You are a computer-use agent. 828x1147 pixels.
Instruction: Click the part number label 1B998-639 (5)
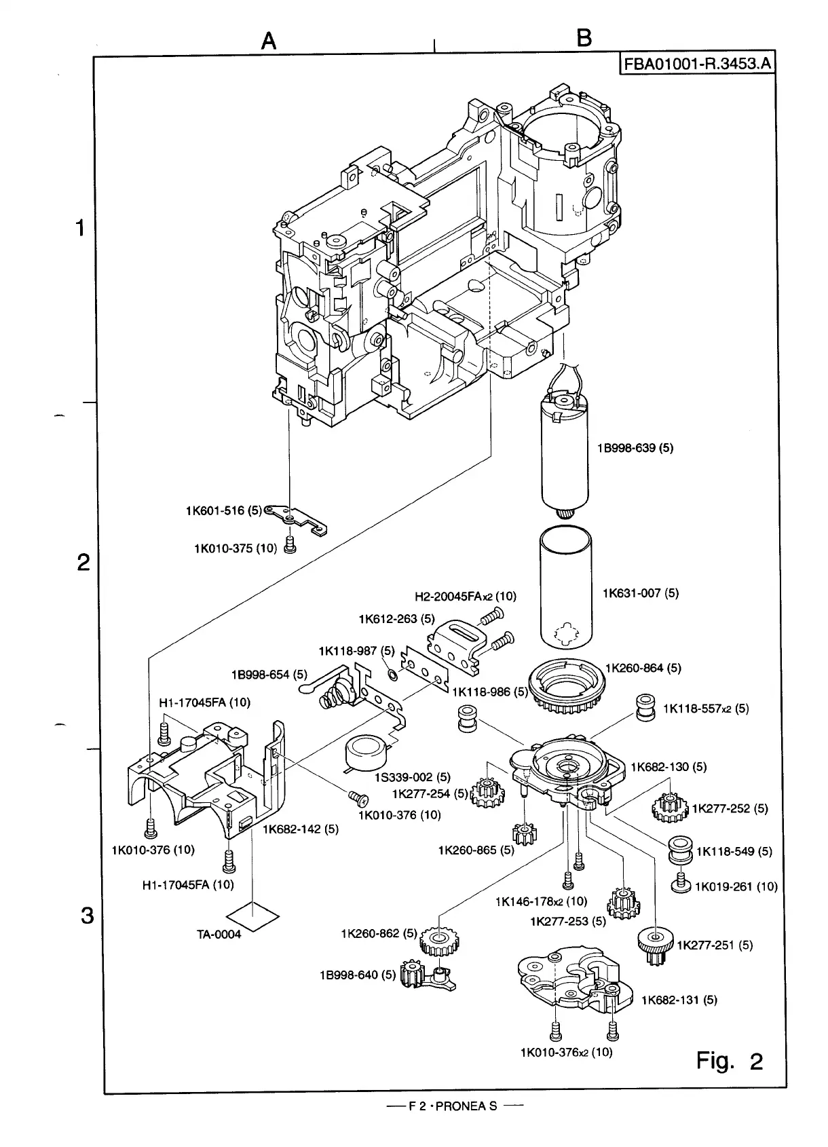(x=635, y=448)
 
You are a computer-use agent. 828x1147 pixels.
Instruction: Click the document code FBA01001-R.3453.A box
(x=696, y=64)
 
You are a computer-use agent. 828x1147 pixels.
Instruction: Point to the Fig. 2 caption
(x=730, y=1060)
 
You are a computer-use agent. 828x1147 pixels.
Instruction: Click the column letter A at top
(x=269, y=41)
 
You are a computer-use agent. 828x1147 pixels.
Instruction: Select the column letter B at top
(x=583, y=39)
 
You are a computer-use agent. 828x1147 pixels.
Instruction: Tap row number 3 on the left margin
(x=86, y=916)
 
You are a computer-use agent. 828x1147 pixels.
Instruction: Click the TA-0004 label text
(x=219, y=934)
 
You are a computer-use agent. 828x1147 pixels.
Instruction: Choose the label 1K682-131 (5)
(x=679, y=1000)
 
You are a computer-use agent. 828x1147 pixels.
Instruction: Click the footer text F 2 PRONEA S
(x=453, y=1106)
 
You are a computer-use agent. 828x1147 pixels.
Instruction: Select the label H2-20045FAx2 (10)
(x=465, y=597)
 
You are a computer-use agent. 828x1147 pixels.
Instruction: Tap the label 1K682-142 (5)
(x=300, y=829)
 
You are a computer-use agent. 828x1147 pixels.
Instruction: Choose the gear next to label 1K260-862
(x=440, y=941)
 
